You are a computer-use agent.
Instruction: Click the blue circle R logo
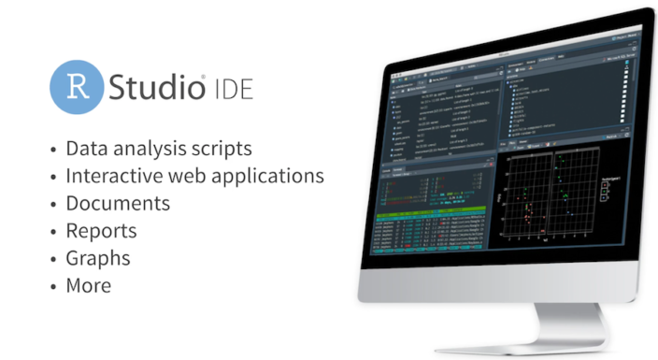pos(77,88)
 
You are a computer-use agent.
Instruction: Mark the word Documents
pos(118,203)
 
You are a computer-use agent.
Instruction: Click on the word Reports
pos(101,231)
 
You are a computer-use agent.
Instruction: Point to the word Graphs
pos(98,259)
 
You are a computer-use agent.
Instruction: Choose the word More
pos(88,286)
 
